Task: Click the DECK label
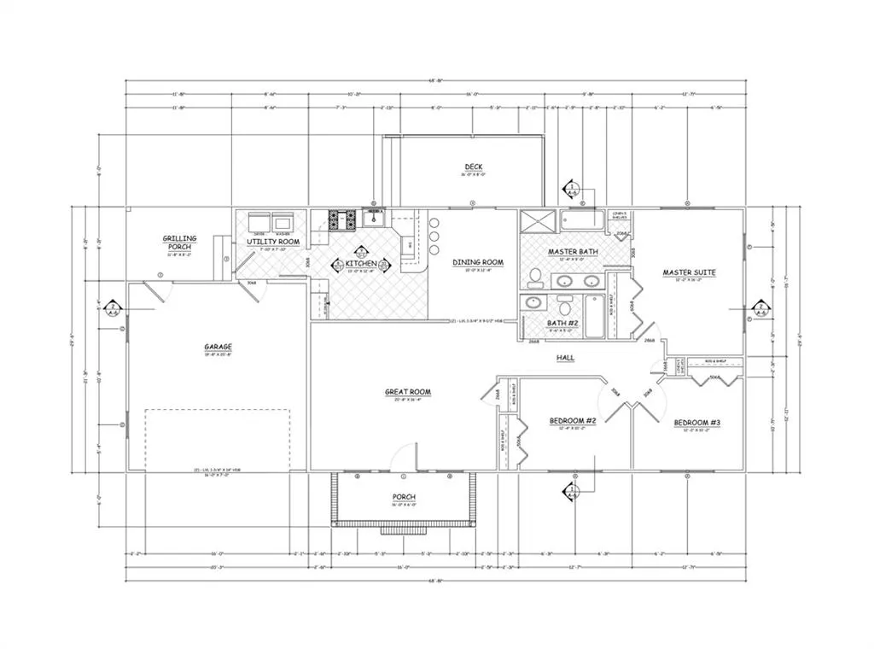coord(475,167)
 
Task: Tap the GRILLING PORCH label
coord(180,243)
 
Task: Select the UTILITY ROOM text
coord(272,243)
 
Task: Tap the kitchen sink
coord(374,219)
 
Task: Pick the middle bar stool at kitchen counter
coord(434,235)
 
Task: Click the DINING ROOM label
coord(477,262)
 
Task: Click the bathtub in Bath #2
coord(595,316)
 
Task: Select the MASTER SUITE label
coord(689,273)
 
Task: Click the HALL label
coord(565,357)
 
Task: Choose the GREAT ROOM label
coord(407,392)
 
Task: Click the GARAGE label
coord(218,347)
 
